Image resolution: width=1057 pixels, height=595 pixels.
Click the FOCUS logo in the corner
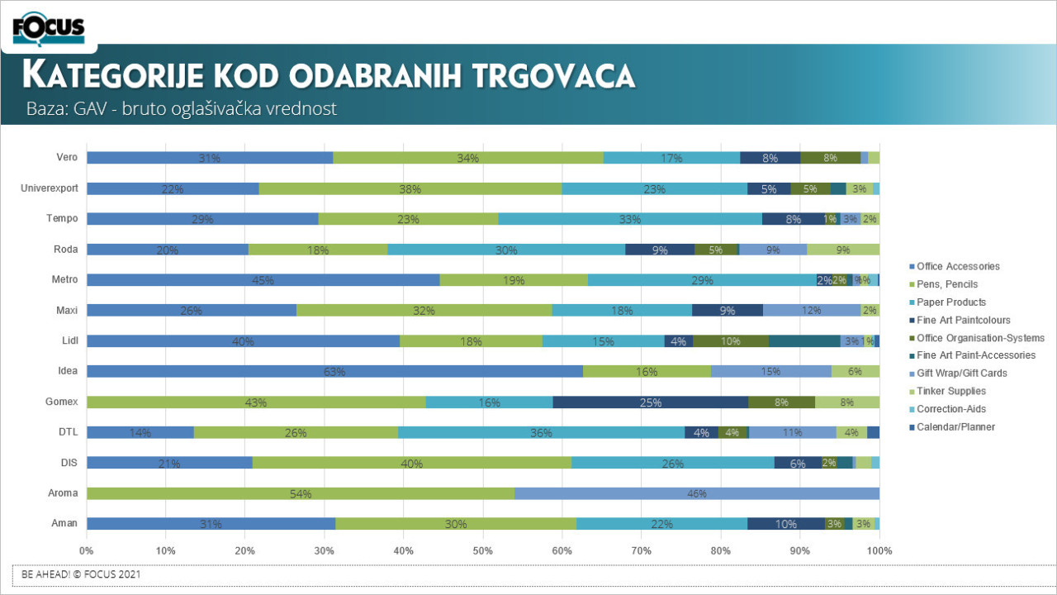49,28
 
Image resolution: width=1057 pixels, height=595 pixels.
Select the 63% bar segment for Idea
334,371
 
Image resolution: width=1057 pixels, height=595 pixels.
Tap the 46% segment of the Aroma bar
697,493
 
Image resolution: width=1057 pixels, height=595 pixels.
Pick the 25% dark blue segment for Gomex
651,402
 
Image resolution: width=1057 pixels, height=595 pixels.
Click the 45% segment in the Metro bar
263,279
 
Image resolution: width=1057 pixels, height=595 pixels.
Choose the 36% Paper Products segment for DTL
541,432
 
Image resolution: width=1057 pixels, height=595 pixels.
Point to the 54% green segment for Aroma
301,493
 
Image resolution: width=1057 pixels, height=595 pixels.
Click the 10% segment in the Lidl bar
731,340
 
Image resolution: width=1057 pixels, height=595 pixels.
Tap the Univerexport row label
50,188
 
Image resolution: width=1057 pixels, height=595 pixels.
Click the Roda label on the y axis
66,249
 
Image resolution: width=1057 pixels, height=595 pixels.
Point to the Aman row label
64,523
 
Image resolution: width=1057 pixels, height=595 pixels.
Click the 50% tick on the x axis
483,550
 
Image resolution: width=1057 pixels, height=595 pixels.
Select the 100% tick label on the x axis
879,550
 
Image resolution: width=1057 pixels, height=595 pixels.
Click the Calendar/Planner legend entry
955,427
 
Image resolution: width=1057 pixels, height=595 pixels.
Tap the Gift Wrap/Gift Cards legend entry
961,374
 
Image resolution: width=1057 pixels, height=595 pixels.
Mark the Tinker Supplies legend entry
950,392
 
